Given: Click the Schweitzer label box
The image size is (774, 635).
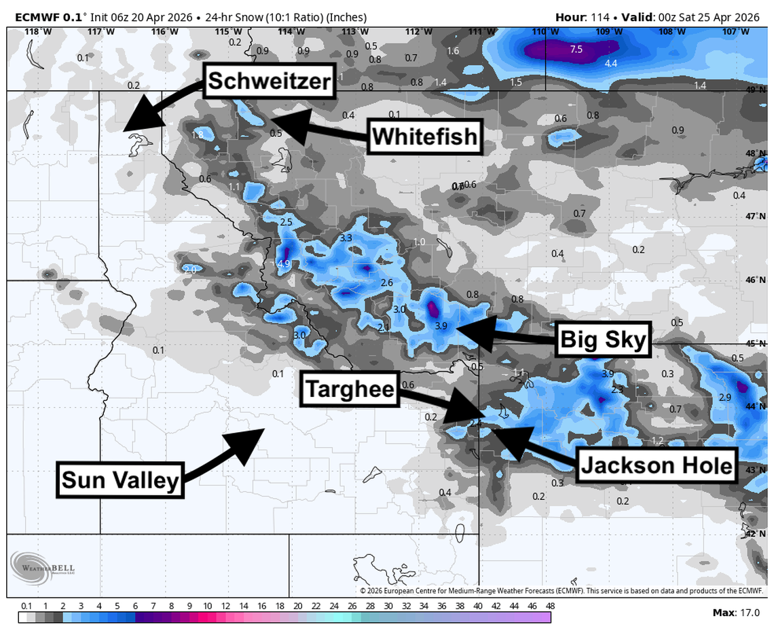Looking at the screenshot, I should point(269,81).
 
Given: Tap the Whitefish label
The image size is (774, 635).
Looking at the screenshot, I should point(425,138).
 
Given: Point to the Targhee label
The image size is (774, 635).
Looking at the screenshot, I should point(350,389).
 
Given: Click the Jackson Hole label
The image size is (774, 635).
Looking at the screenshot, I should point(657,465).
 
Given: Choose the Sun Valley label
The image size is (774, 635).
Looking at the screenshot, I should point(120,480).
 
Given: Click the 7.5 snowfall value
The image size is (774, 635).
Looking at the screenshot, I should point(576,49).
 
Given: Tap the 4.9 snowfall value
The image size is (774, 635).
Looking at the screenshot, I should point(284,264).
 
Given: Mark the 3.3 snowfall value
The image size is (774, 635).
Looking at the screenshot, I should point(346,238).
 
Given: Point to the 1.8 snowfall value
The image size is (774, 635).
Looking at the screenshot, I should point(198,135).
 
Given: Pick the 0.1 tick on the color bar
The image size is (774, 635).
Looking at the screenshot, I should point(26,606).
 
